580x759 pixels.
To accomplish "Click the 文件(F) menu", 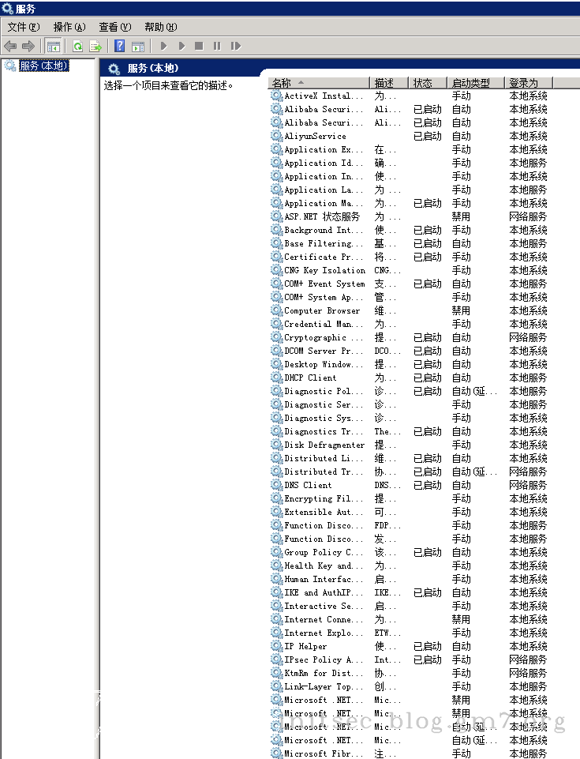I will [23, 27].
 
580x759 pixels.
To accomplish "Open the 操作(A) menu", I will [69, 27].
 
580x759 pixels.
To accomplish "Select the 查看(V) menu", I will [115, 27].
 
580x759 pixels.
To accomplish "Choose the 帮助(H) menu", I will [161, 27].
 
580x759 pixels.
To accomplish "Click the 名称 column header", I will [282, 83].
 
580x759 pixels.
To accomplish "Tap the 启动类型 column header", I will [471, 83].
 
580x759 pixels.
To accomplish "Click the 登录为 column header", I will [523, 83].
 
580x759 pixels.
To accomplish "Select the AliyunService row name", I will [315, 136].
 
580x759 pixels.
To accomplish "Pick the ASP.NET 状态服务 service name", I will [322, 216].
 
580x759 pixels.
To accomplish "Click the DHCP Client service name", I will [310, 378].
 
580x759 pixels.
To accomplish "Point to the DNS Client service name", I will [308, 485].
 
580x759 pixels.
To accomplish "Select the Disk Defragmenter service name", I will [324, 445].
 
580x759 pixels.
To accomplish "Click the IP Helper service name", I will [305, 646].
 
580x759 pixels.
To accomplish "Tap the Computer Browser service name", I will [322, 310].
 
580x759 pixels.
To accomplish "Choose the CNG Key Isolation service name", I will [324, 270].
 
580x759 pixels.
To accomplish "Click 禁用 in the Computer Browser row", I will [461, 310].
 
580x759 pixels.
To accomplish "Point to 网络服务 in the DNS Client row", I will [528, 485].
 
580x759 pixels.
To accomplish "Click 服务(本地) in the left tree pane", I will [44, 66].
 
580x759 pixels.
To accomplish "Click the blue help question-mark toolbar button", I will [120, 46].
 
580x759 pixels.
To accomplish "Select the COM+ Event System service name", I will [324, 284].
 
